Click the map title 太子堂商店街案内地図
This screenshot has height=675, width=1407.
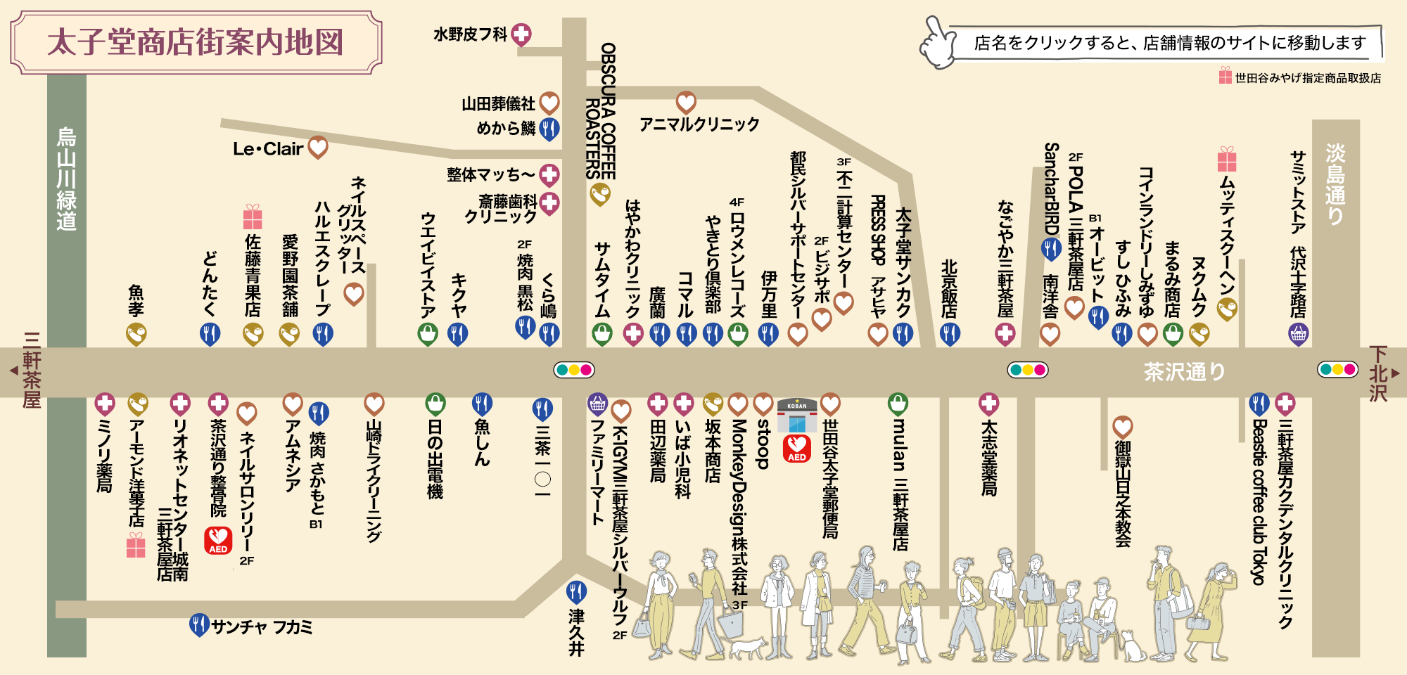(x=196, y=42)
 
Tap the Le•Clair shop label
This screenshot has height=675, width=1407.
(x=269, y=149)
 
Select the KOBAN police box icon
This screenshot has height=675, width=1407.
(x=797, y=416)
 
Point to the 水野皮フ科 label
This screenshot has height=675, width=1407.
(x=470, y=34)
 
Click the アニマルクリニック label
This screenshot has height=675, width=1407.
(x=699, y=124)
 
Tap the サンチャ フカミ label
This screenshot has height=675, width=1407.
(x=262, y=626)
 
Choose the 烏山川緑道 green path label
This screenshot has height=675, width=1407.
(x=67, y=179)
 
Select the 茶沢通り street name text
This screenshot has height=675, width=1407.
(x=1185, y=371)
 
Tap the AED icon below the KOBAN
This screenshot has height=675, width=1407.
(x=797, y=448)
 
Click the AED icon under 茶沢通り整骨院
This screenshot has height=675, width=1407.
(x=218, y=540)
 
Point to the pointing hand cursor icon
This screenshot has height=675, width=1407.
(x=938, y=44)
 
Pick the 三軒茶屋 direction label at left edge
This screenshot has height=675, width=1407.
(x=32, y=370)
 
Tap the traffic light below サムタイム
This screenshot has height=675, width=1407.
(x=574, y=370)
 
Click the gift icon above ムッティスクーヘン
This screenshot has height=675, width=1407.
(x=1227, y=159)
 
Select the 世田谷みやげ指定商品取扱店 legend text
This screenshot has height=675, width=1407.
(x=1307, y=78)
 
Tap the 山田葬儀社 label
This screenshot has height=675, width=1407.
(x=498, y=104)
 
